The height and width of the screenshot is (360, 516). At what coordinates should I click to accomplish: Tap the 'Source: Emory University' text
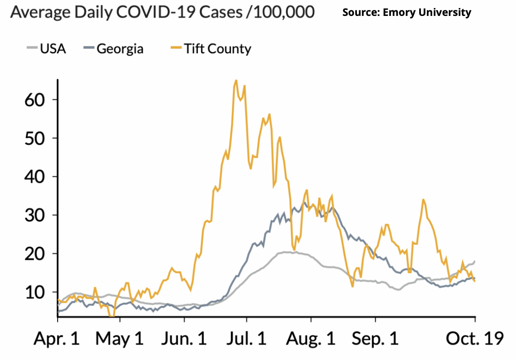(406, 12)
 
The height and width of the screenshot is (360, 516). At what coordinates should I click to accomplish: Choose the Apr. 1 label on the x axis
(57, 339)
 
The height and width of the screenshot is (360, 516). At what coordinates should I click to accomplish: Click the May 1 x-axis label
(120, 339)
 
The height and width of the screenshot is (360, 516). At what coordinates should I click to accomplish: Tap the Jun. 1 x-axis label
(184, 339)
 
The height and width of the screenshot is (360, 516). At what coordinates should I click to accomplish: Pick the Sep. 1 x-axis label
(375, 339)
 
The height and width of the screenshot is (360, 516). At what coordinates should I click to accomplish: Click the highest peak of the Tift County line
(236, 80)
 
